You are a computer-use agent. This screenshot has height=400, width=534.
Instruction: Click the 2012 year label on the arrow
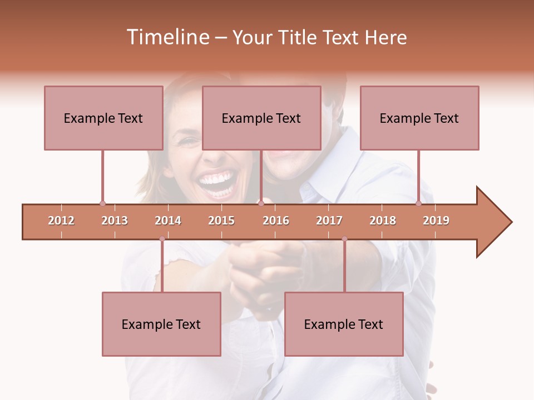[61, 221]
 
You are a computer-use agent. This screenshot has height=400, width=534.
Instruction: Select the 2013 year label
[115, 221]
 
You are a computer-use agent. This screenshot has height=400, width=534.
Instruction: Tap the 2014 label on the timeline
[168, 221]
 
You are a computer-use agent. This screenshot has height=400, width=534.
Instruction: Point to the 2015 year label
[221, 221]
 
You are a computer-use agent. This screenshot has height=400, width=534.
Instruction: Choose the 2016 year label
[276, 221]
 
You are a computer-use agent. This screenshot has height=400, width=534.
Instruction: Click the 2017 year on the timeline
[329, 221]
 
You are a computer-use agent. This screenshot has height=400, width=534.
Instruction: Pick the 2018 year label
[383, 221]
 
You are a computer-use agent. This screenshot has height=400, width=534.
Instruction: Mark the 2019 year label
[436, 221]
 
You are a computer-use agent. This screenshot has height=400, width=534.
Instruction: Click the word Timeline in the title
[167, 37]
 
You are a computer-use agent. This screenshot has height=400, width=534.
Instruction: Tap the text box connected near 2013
[103, 118]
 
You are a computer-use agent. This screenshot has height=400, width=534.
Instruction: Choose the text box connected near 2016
[261, 118]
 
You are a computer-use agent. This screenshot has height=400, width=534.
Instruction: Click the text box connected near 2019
[419, 118]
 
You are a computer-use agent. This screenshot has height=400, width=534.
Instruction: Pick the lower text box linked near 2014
[161, 324]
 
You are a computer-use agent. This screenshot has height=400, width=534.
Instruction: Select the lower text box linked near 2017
[344, 324]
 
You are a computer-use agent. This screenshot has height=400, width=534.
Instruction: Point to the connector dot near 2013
[102, 204]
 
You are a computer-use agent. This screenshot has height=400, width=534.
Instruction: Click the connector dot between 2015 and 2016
[261, 204]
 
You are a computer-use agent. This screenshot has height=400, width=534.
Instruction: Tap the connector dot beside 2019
[418, 204]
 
